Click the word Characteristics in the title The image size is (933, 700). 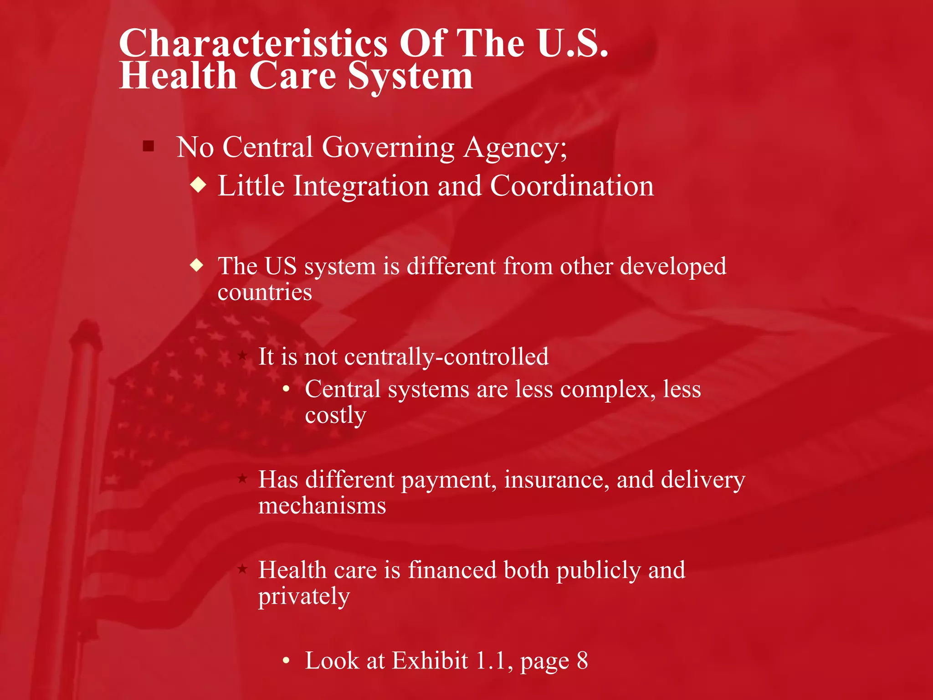253,43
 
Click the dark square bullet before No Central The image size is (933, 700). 148,146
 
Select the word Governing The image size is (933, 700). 388,148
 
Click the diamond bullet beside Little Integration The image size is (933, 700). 199,185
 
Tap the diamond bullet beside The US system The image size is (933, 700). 197,265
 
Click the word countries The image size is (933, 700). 265,292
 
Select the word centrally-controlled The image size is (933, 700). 446,356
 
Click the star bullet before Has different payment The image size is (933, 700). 242,479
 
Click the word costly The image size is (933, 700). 335,416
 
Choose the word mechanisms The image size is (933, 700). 322,505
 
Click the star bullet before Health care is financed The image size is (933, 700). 242,569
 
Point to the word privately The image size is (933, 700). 304,596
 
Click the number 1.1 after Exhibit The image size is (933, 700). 491,660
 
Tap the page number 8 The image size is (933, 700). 582,660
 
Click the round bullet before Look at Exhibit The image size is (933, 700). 286,660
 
